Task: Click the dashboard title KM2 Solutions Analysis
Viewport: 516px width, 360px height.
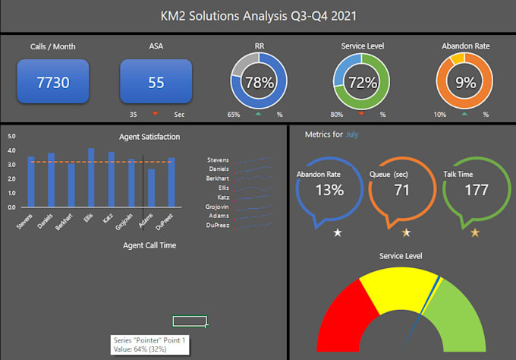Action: tap(258, 15)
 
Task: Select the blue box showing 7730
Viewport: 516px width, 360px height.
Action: tap(52, 82)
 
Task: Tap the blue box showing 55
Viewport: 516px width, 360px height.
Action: tap(156, 82)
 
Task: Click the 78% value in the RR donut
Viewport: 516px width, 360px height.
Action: tap(259, 82)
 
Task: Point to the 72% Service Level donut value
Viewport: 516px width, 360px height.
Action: tap(362, 82)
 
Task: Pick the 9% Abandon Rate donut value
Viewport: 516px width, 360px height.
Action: tap(464, 82)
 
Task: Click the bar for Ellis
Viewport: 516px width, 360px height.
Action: tap(91, 177)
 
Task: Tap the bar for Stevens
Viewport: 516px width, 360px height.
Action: tap(31, 182)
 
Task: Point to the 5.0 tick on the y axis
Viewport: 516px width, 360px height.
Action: tap(11, 136)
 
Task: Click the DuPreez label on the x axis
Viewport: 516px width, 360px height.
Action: tap(167, 219)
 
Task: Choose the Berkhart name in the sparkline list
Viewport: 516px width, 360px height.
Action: tap(217, 178)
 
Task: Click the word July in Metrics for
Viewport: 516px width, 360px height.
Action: tap(352, 134)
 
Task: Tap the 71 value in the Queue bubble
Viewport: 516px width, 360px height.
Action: tap(401, 190)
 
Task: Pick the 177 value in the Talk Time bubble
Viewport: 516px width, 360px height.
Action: tap(476, 190)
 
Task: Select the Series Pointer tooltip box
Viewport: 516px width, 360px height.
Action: tap(149, 344)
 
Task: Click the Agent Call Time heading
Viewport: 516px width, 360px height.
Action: tap(149, 245)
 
